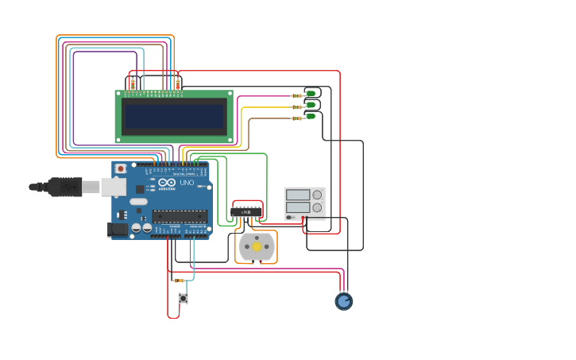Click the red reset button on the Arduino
120,168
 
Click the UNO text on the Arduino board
187,183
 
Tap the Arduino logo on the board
167,183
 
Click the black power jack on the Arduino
117,229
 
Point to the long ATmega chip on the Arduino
180,215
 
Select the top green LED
311,94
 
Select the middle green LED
311,105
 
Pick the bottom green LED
311,116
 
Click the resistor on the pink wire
297,95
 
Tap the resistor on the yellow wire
297,106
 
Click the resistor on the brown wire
297,118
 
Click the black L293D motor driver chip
246,212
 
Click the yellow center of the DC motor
257,247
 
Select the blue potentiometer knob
343,301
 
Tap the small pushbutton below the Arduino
183,298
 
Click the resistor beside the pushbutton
179,281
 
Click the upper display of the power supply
298,195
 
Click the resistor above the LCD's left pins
133,82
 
